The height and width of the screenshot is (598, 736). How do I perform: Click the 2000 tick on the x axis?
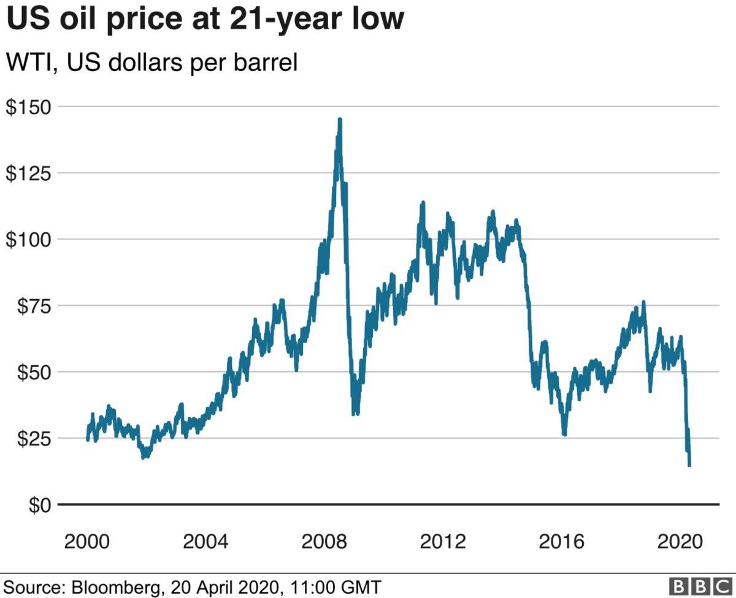[88, 542]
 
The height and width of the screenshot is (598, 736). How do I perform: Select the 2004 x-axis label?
[207, 542]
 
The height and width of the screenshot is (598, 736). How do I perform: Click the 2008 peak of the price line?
[340, 119]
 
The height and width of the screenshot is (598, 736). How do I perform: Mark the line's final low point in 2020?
[690, 465]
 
